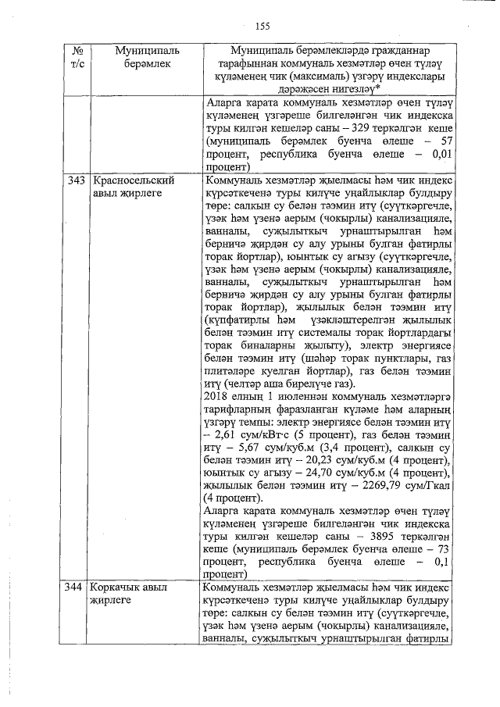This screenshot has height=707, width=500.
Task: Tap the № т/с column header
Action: [x=77, y=58]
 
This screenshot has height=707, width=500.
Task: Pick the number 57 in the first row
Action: [x=446, y=141]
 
